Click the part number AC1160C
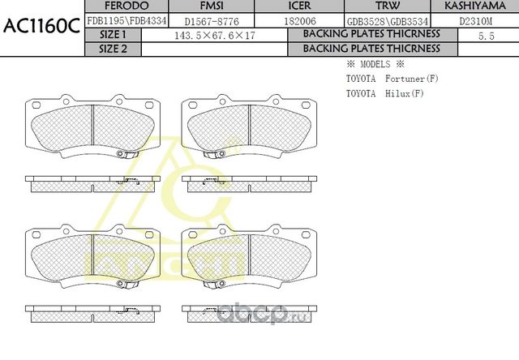(41, 26)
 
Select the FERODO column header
(127, 6)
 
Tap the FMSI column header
(212, 6)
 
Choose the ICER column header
(299, 6)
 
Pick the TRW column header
(388, 6)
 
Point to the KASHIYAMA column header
(475, 6)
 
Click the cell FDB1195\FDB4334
(127, 21)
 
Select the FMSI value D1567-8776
(212, 22)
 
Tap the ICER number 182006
(300, 21)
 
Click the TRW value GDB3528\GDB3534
(388, 22)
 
